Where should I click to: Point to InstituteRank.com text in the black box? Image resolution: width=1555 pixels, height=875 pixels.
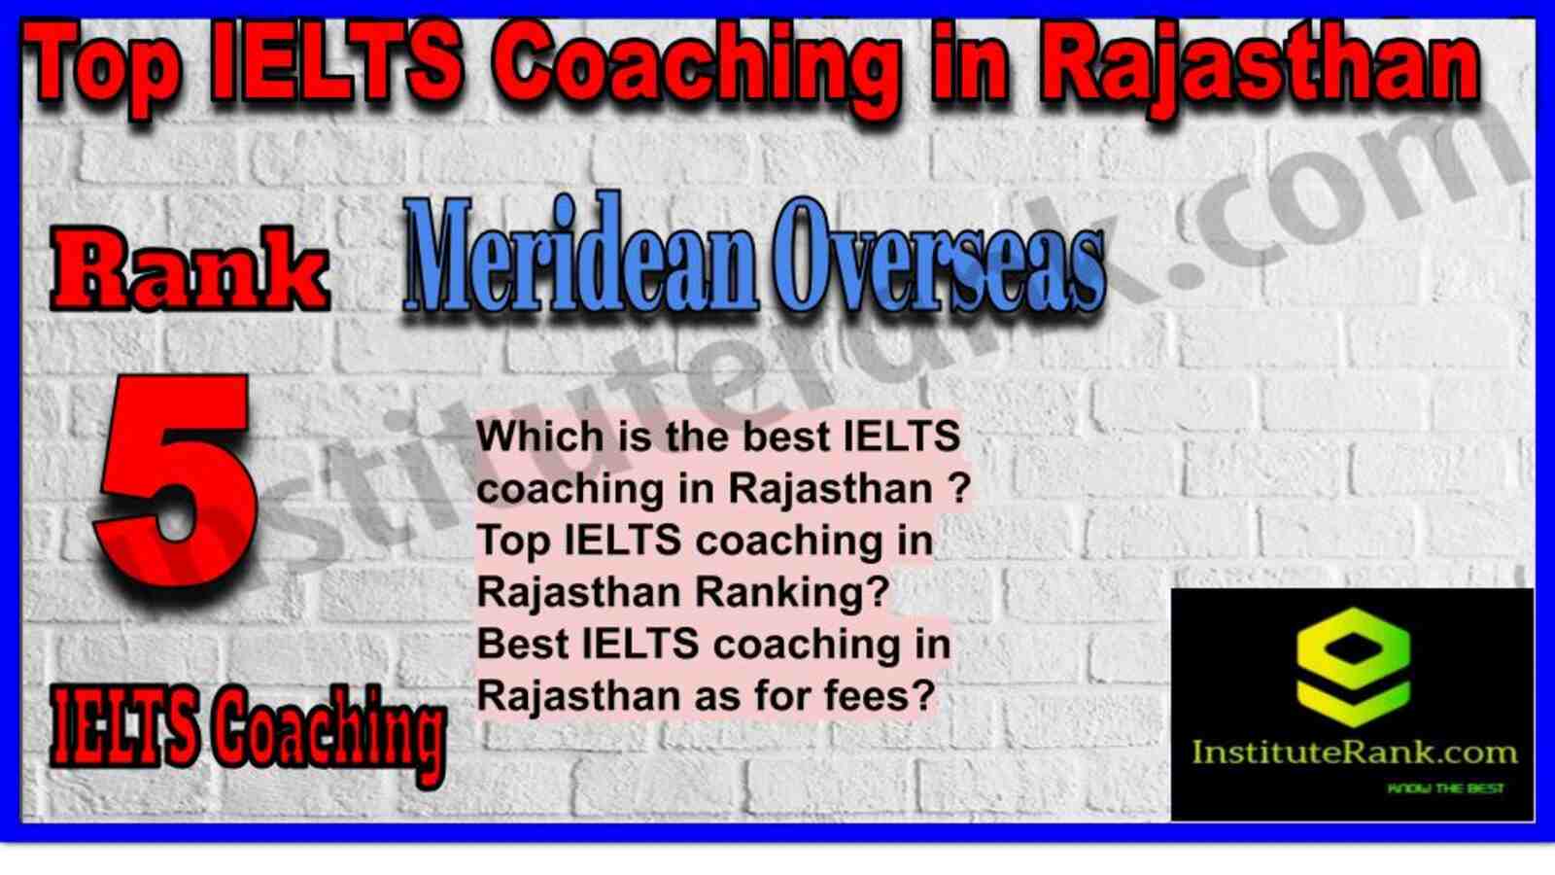1354,752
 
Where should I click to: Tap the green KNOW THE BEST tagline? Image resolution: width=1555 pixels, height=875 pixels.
1445,788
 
